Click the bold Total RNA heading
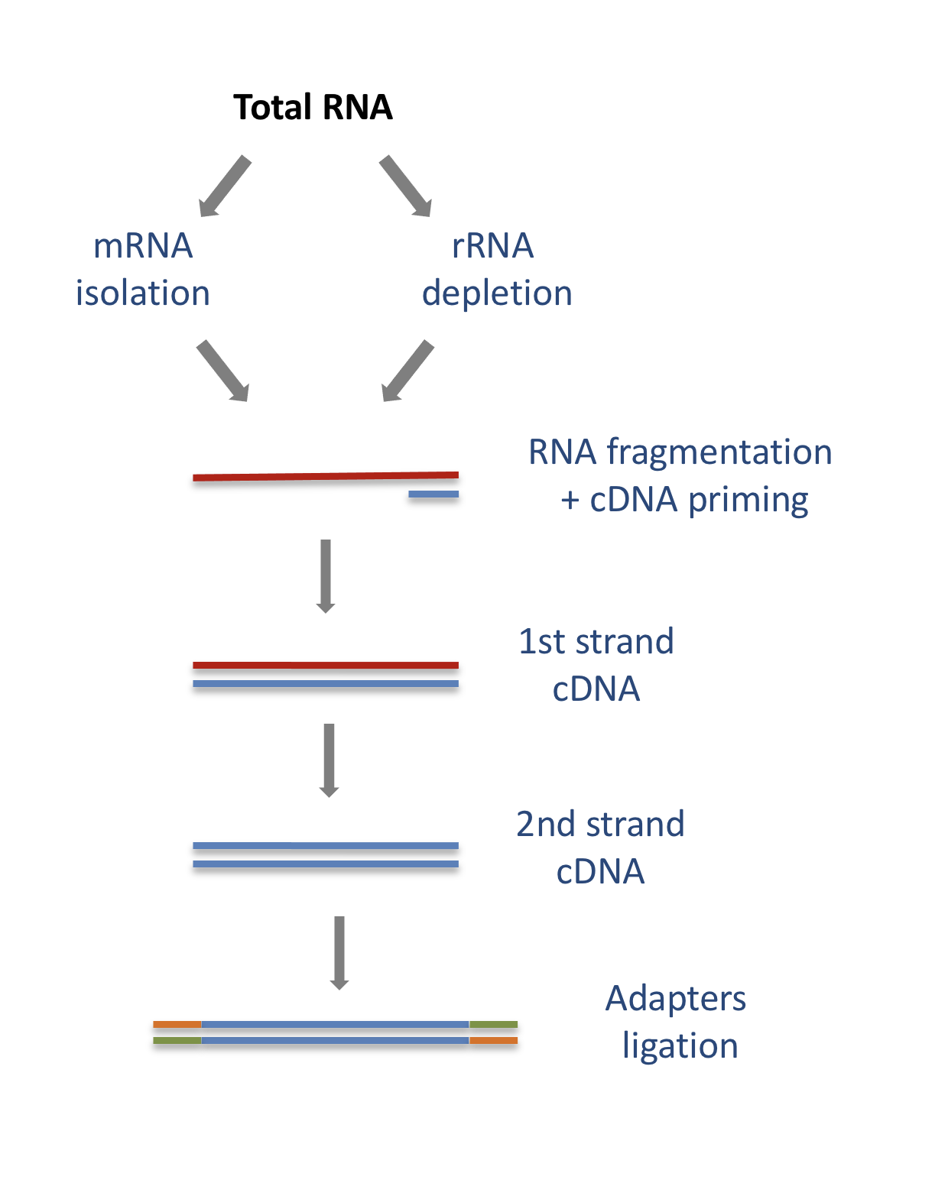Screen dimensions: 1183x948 click(x=313, y=107)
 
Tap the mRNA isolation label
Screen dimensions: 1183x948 click(x=142, y=270)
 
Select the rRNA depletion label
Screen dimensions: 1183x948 click(x=496, y=270)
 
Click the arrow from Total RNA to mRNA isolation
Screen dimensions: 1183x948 click(x=224, y=186)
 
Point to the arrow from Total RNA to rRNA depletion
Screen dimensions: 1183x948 click(x=406, y=186)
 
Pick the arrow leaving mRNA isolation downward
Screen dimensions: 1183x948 click(x=222, y=371)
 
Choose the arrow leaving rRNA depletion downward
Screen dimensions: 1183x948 click(x=407, y=371)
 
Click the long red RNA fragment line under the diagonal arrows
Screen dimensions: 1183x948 click(x=325, y=476)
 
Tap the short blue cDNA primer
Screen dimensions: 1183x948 click(x=433, y=494)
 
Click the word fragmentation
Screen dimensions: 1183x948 click(x=719, y=452)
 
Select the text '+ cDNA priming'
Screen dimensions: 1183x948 click(x=684, y=500)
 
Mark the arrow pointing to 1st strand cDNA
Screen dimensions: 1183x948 click(x=326, y=575)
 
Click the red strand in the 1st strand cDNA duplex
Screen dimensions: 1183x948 click(x=325, y=666)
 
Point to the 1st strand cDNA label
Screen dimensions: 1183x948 click(x=596, y=665)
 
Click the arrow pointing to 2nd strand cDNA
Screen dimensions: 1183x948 click(x=329, y=760)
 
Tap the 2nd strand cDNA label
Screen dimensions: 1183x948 click(x=600, y=848)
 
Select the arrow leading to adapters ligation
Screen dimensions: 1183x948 click(x=339, y=952)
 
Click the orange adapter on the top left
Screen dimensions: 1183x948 click(x=177, y=1024)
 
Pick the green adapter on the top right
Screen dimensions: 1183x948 click(x=493, y=1024)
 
